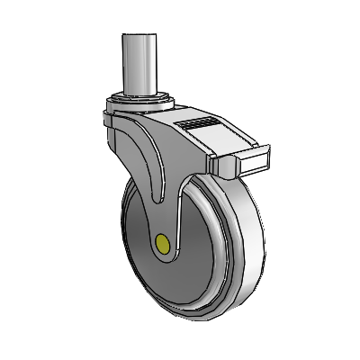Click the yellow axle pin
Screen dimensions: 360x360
pos(163,243)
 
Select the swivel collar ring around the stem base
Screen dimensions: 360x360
pos(139,97)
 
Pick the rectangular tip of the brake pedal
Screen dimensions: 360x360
pos(253,161)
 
